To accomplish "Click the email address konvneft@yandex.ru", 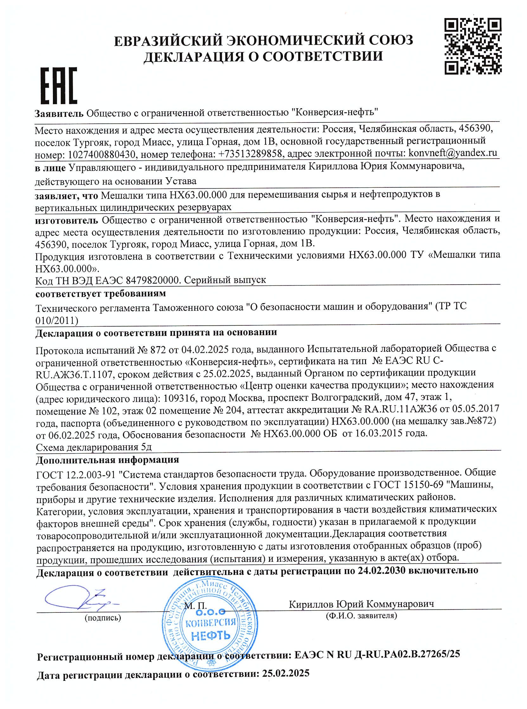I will [453, 153].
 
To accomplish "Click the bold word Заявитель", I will [59, 113].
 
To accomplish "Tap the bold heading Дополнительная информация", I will [107, 460].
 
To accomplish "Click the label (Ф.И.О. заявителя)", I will [362, 616].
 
